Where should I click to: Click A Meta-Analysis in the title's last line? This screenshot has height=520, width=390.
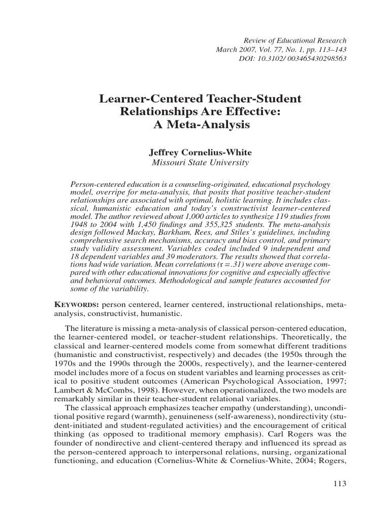202,124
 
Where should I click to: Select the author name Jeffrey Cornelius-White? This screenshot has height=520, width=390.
201,152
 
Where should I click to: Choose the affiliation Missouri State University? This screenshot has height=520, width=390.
201,162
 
